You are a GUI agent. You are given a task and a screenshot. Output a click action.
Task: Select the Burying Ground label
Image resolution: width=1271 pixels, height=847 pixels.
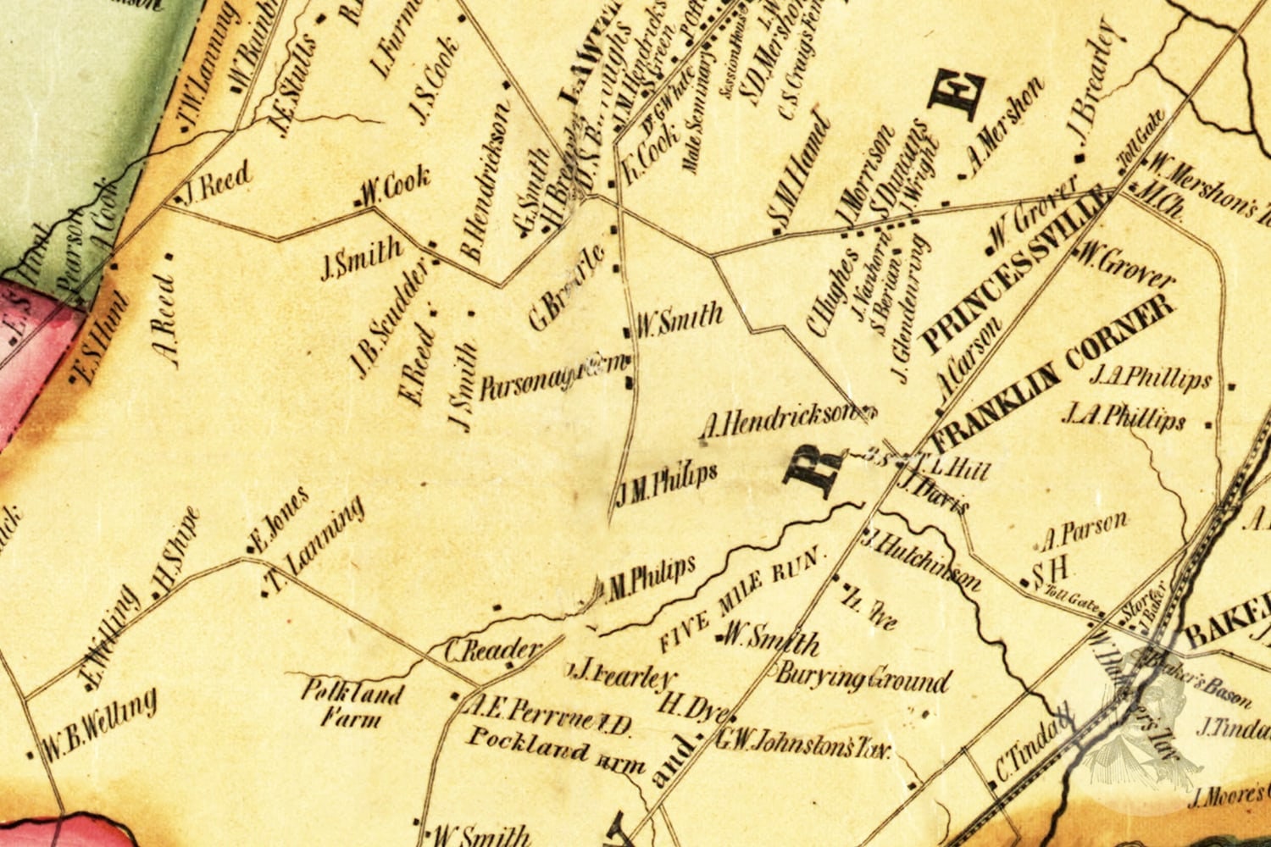pos(863,678)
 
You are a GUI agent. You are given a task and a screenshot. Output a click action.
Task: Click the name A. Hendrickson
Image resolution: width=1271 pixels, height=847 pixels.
pos(778,423)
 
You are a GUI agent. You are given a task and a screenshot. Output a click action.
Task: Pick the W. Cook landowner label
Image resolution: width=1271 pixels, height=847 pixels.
pos(395,188)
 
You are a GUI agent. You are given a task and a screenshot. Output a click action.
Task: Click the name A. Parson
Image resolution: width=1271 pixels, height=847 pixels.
pos(1084,530)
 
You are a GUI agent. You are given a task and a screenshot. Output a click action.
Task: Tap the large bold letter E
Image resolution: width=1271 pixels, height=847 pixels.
pos(958,92)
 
